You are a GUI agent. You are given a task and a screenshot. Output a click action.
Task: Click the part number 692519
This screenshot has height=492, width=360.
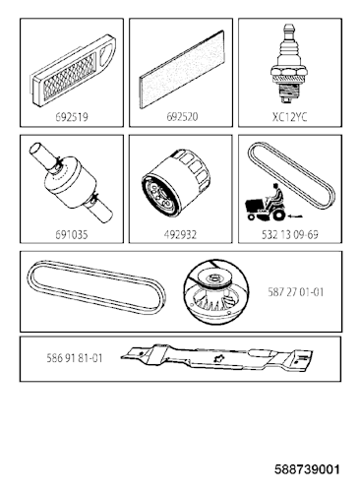pos(72,117)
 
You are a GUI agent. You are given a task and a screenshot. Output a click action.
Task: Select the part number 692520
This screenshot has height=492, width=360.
pos(182,117)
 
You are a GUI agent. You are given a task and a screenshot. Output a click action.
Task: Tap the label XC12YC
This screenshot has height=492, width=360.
pos(290,117)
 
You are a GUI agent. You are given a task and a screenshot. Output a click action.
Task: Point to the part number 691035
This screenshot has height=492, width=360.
pos(72,234)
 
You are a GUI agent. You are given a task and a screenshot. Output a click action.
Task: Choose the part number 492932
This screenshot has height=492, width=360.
pos(180,234)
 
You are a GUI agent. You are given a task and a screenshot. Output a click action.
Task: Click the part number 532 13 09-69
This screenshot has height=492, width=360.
pos(290,234)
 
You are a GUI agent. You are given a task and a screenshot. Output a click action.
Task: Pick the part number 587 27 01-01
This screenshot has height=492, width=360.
pos(296,292)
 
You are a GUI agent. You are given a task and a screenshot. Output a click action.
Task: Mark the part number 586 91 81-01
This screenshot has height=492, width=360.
pos(75,358)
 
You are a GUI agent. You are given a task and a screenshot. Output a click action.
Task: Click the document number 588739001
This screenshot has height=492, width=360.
pos(307,469)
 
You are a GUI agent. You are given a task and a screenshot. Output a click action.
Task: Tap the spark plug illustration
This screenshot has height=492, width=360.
pos(289,65)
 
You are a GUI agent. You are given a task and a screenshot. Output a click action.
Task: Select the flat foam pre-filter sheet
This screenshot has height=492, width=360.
pos(182,69)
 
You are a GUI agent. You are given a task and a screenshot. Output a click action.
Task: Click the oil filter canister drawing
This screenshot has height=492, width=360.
pos(176,185)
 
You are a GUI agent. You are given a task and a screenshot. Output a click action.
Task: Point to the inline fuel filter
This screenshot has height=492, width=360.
pos(72,184)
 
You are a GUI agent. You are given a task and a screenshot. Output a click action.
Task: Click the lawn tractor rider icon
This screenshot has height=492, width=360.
pos(266,203)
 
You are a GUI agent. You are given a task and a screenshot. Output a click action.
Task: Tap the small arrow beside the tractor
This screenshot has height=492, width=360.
pos(295,216)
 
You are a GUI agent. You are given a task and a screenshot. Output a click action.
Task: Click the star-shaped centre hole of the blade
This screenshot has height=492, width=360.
pos(217,359)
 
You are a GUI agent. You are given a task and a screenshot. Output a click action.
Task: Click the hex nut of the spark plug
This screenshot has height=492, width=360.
pos(289,71)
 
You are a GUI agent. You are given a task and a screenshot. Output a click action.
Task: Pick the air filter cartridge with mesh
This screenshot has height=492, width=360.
pos(72,71)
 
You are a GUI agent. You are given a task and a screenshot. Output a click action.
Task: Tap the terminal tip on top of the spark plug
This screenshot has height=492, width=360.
pos(288,29)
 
